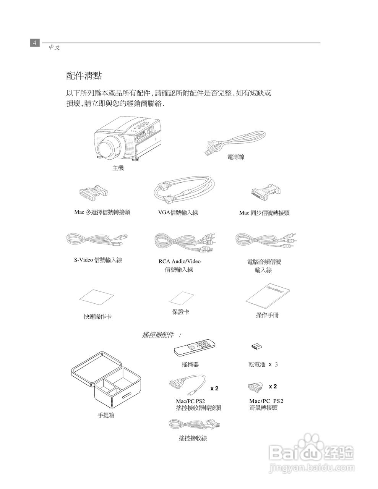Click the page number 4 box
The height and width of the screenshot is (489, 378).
click(35, 42)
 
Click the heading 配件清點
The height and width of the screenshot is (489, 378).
click(84, 76)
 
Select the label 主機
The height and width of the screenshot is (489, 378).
click(118, 168)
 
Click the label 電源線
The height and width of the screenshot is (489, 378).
click(236, 157)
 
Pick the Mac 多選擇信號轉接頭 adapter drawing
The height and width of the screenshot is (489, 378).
click(93, 194)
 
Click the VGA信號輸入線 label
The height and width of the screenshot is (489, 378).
click(178, 213)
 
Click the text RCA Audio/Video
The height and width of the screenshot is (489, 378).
click(179, 261)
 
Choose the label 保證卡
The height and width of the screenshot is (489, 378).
click(180, 312)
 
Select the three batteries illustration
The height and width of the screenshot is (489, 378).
click(256, 347)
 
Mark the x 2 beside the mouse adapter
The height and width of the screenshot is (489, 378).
click(273, 387)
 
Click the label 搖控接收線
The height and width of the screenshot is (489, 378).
click(193, 438)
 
